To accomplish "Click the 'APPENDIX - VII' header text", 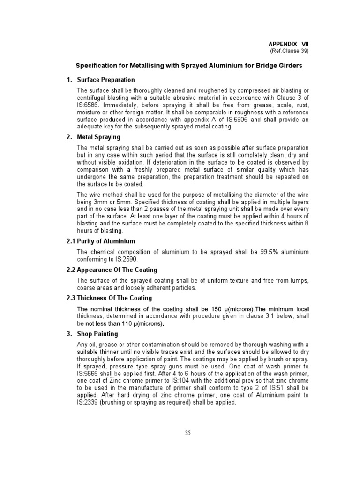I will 289,43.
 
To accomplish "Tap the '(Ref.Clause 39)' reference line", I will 289,51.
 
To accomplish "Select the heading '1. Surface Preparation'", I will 101,80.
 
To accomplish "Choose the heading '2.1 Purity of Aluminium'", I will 101,241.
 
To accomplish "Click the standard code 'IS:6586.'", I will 89,105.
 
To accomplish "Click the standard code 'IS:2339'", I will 89,402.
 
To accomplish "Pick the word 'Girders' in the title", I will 290,65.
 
